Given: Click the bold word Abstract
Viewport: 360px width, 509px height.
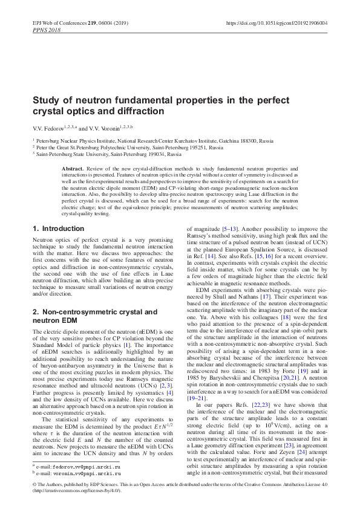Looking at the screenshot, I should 73,166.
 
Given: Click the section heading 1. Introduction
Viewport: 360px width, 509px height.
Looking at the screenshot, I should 58,229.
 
